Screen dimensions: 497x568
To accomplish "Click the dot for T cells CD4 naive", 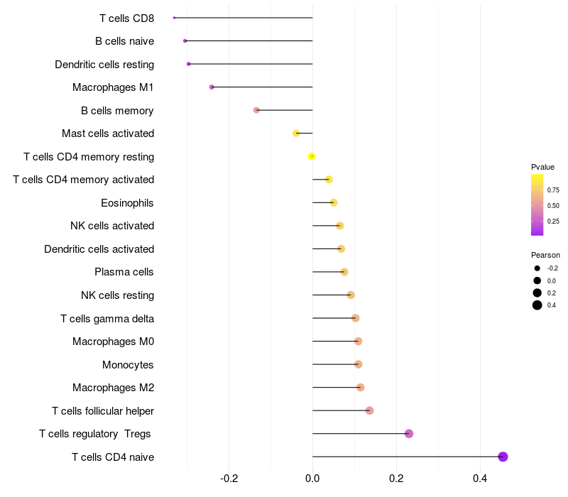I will tap(503, 457).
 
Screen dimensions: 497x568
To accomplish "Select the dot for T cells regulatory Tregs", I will tap(409, 434).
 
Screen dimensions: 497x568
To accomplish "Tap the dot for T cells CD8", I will tap(174, 18).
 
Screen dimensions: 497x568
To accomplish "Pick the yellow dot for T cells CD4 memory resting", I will tap(311, 156).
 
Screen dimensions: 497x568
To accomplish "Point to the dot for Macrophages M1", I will tap(212, 87).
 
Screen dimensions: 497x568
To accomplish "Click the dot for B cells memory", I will tap(256, 110).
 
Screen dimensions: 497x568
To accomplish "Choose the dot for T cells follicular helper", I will tap(369, 410).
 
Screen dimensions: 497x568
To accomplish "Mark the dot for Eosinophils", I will tap(334, 202).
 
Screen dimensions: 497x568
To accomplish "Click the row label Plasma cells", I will tap(124, 272).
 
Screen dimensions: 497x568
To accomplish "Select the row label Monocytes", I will tap(128, 364).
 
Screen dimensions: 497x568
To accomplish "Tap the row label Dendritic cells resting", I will tap(104, 65).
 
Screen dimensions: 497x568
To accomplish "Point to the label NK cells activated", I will tap(112, 226).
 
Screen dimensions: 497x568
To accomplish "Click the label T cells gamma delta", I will tap(107, 318).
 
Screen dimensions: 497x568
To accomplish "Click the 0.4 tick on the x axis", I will tap(480, 479).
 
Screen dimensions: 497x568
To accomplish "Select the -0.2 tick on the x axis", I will tap(229, 479).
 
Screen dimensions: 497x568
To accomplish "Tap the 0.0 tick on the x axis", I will tap(312, 479).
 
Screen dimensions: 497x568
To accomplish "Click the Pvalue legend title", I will tap(542, 167).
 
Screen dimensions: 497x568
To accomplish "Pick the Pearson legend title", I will tap(545, 255).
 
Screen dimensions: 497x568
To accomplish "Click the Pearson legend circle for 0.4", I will tap(537, 305).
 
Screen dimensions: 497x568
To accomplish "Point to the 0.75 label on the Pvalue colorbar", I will tap(553, 190).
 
